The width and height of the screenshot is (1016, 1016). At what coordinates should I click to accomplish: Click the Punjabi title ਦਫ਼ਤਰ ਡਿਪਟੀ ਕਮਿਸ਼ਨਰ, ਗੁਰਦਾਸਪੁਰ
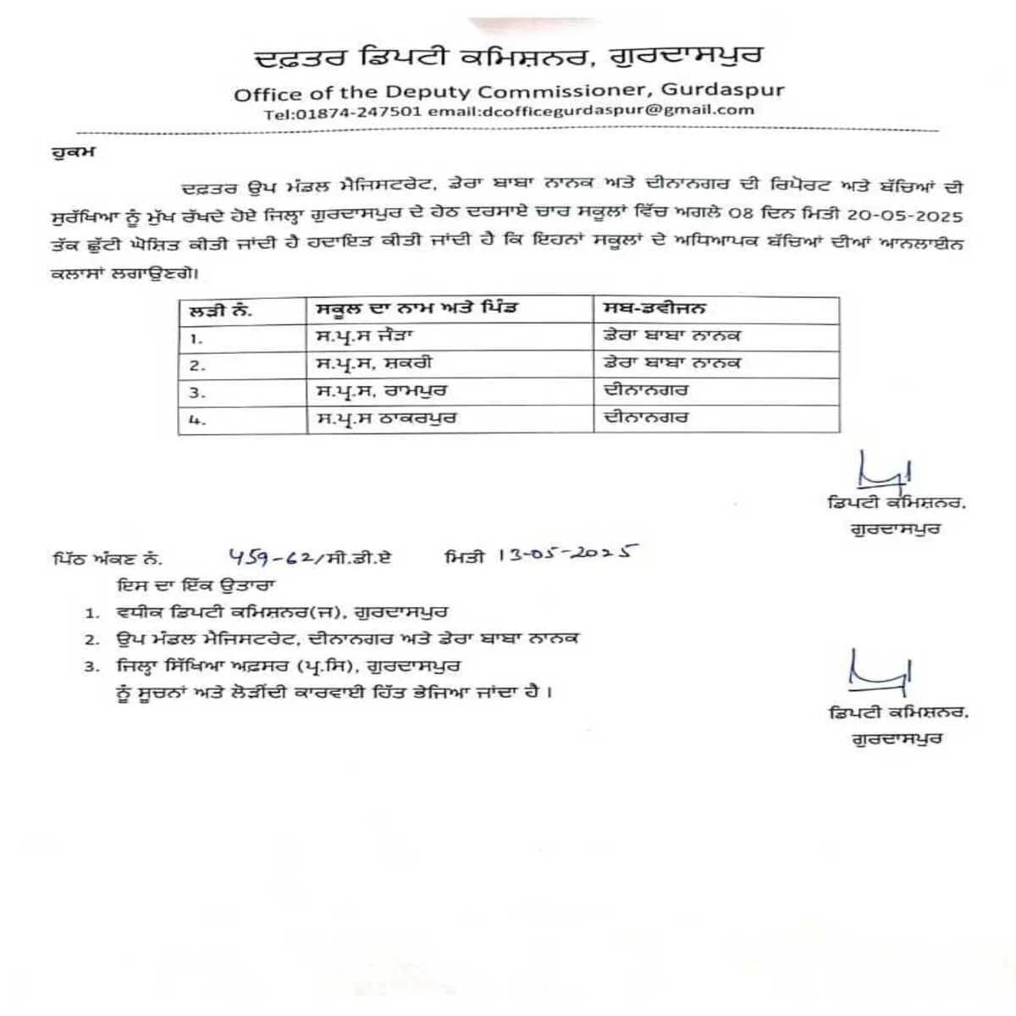pyautogui.click(x=509, y=57)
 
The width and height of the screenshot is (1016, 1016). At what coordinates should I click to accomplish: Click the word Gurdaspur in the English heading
pyautogui.click(x=721, y=90)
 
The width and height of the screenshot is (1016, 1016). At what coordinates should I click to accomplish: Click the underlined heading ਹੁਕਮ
pyautogui.click(x=73, y=153)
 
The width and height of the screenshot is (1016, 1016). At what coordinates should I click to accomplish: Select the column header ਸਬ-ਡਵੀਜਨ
pyautogui.click(x=654, y=308)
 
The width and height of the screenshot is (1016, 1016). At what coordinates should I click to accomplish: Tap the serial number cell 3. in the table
pyautogui.click(x=197, y=393)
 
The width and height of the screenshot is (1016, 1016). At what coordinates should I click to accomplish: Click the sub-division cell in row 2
pyautogui.click(x=672, y=363)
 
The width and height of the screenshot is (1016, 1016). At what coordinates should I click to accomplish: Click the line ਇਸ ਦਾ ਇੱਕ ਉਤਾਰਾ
pyautogui.click(x=196, y=585)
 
